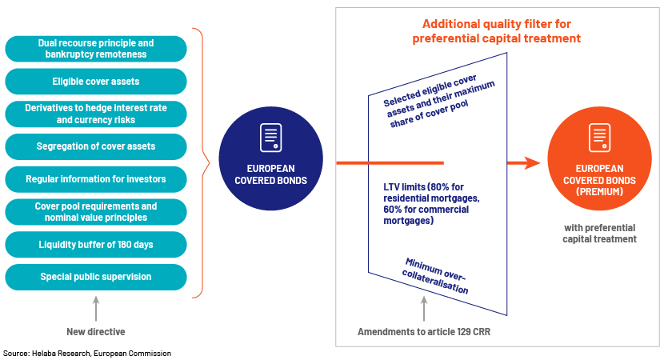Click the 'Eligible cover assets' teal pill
pyautogui.click(x=96, y=82)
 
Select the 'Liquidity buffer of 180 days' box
pyautogui.click(x=96, y=244)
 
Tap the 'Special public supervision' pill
pyautogui.click(x=96, y=277)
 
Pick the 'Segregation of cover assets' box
pyautogui.click(x=96, y=146)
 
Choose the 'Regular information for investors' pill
pyautogui.click(x=96, y=179)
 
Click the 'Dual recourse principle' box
pyautogui.click(x=96, y=49)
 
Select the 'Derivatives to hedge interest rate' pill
pyautogui.click(x=96, y=114)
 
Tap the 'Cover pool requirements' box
pyautogui.click(x=96, y=212)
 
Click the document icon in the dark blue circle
pyautogui.click(x=270, y=138)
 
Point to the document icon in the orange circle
pyautogui.click(x=599, y=138)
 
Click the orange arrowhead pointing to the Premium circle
pyautogui.click(x=532, y=162)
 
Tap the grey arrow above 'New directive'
pyautogui.click(x=96, y=308)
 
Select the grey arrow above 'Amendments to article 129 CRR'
pyautogui.click(x=424, y=308)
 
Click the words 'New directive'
pyautogui.click(x=96, y=332)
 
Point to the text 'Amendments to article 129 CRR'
pyautogui.click(x=424, y=332)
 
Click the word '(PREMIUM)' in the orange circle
pyautogui.click(x=599, y=192)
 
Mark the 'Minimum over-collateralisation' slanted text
pyautogui.click(x=435, y=276)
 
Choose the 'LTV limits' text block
pyautogui.click(x=431, y=204)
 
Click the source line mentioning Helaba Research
pyautogui.click(x=87, y=354)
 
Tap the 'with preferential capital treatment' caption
pyautogui.click(x=599, y=234)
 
